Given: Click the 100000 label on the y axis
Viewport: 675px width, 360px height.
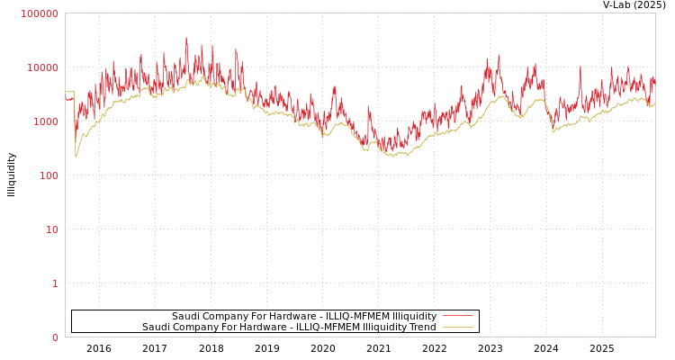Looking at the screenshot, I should (x=40, y=13).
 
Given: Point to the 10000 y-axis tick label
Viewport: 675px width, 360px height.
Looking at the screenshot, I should (x=43, y=67).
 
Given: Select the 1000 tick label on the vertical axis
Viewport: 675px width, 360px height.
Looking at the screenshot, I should (x=46, y=121).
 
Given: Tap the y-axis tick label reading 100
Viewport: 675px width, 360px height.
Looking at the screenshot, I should (x=49, y=175).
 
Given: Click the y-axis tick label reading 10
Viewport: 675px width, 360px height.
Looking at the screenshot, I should (x=52, y=229).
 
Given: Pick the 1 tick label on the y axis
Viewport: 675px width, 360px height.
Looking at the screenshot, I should (x=55, y=283).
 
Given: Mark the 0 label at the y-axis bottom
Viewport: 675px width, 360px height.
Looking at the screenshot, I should (x=55, y=337).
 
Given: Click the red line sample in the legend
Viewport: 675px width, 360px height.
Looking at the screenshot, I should (x=458, y=316).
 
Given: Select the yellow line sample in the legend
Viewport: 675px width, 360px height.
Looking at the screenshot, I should (x=458, y=327).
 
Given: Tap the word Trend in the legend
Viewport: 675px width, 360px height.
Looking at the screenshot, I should (x=422, y=327).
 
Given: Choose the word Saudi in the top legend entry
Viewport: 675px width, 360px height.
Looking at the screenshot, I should (x=185, y=316).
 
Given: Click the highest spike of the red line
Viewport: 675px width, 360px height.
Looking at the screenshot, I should (x=186, y=39).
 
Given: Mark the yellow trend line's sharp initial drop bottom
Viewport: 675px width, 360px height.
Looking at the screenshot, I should (x=76, y=156).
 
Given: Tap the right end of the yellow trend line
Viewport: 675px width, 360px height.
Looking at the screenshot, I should (x=654, y=104).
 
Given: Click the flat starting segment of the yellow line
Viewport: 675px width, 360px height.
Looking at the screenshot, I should (x=69, y=92).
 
